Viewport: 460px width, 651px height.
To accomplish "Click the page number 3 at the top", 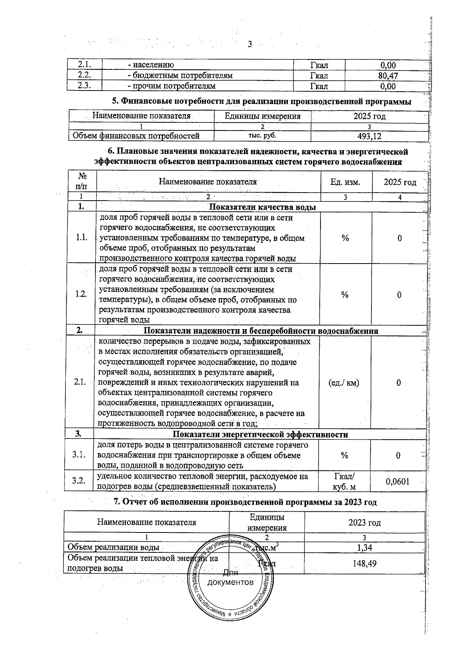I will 250,44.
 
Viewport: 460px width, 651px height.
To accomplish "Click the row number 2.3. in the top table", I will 84,86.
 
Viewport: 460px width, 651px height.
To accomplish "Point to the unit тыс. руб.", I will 262,135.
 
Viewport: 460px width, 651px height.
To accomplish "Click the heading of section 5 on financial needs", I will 261,102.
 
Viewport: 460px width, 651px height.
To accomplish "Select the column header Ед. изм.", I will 345,182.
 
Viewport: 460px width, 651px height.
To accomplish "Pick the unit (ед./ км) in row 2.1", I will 344,382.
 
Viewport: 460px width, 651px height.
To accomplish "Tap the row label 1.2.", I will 81,294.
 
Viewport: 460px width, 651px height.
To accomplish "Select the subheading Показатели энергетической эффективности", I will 260,434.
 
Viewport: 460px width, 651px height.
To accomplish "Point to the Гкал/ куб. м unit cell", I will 344,481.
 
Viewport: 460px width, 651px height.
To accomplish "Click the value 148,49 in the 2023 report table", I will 364,563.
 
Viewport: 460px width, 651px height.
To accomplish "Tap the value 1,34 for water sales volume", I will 364,547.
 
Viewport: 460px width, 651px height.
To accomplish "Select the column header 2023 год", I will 364,522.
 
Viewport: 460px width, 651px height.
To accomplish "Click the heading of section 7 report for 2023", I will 245,502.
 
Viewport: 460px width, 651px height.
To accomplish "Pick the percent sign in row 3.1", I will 344,455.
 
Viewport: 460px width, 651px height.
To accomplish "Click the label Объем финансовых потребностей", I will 136,136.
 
